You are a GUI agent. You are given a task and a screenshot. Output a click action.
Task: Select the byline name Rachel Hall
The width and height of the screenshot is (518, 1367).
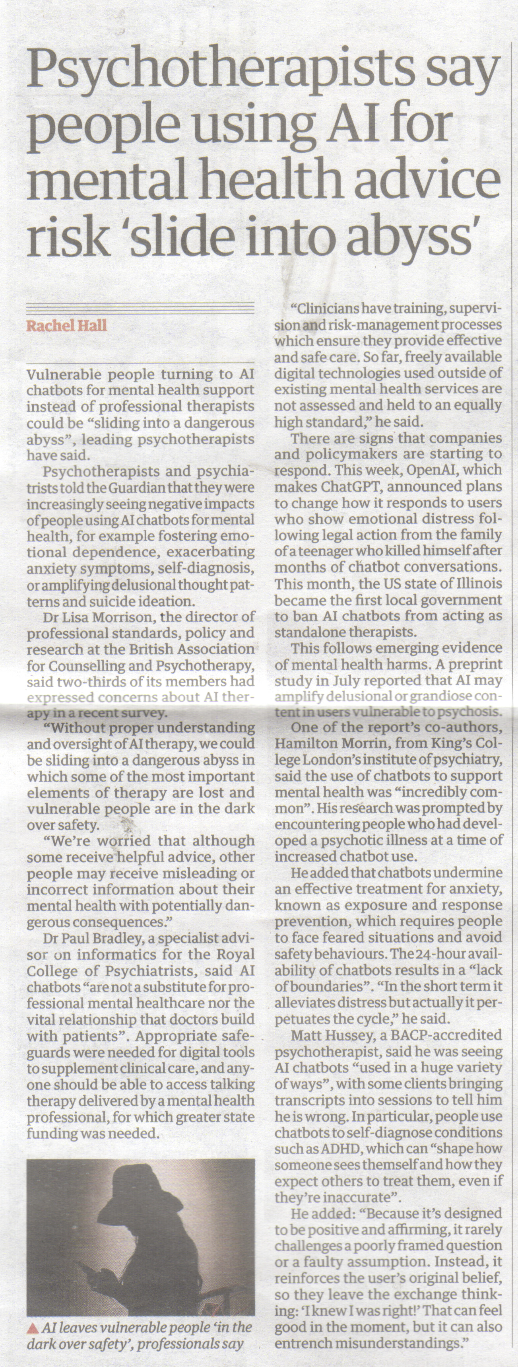pos(67,325)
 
